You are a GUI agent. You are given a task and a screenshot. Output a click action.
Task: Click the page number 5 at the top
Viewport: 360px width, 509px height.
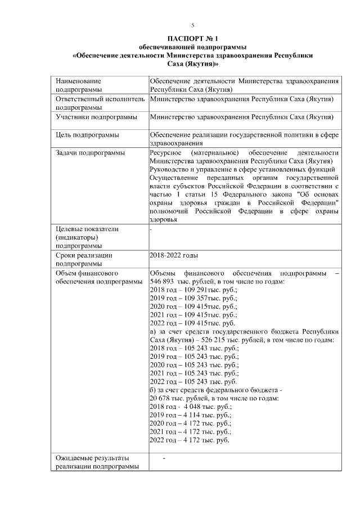click(x=192, y=25)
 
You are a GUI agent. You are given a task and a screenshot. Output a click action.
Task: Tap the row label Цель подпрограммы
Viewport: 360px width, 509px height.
click(x=87, y=135)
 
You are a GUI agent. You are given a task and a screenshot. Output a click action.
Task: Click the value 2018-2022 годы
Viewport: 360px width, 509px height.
click(x=174, y=255)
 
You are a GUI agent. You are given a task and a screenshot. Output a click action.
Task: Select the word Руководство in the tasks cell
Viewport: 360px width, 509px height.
click(x=169, y=170)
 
